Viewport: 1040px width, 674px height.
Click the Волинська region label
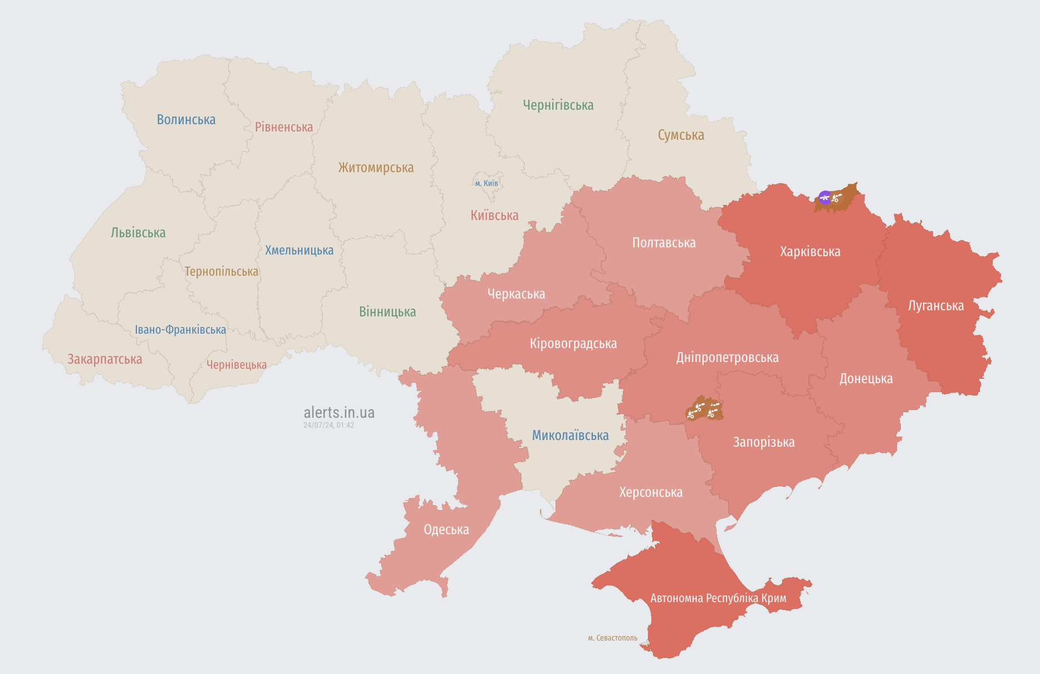186,120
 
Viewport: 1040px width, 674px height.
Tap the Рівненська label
284,127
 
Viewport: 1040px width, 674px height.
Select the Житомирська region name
376,168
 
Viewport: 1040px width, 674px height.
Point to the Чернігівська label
558,105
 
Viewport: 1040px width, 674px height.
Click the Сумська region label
680,135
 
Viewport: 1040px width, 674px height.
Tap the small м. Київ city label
487,183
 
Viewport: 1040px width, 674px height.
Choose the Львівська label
138,233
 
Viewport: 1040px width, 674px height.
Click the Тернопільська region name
222,272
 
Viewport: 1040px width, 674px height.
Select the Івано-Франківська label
180,330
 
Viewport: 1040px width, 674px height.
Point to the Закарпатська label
105,359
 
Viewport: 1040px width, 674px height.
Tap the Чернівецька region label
237,365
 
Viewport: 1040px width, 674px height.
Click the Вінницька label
387,312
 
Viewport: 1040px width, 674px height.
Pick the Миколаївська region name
570,436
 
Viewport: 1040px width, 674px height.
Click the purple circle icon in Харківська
825,197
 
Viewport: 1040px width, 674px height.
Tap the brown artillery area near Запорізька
704,410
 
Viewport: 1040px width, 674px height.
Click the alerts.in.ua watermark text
339,413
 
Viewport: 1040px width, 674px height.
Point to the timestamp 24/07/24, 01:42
328,425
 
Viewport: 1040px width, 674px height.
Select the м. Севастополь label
612,638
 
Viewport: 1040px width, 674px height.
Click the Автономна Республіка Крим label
718,598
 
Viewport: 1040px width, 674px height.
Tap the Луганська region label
935,306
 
